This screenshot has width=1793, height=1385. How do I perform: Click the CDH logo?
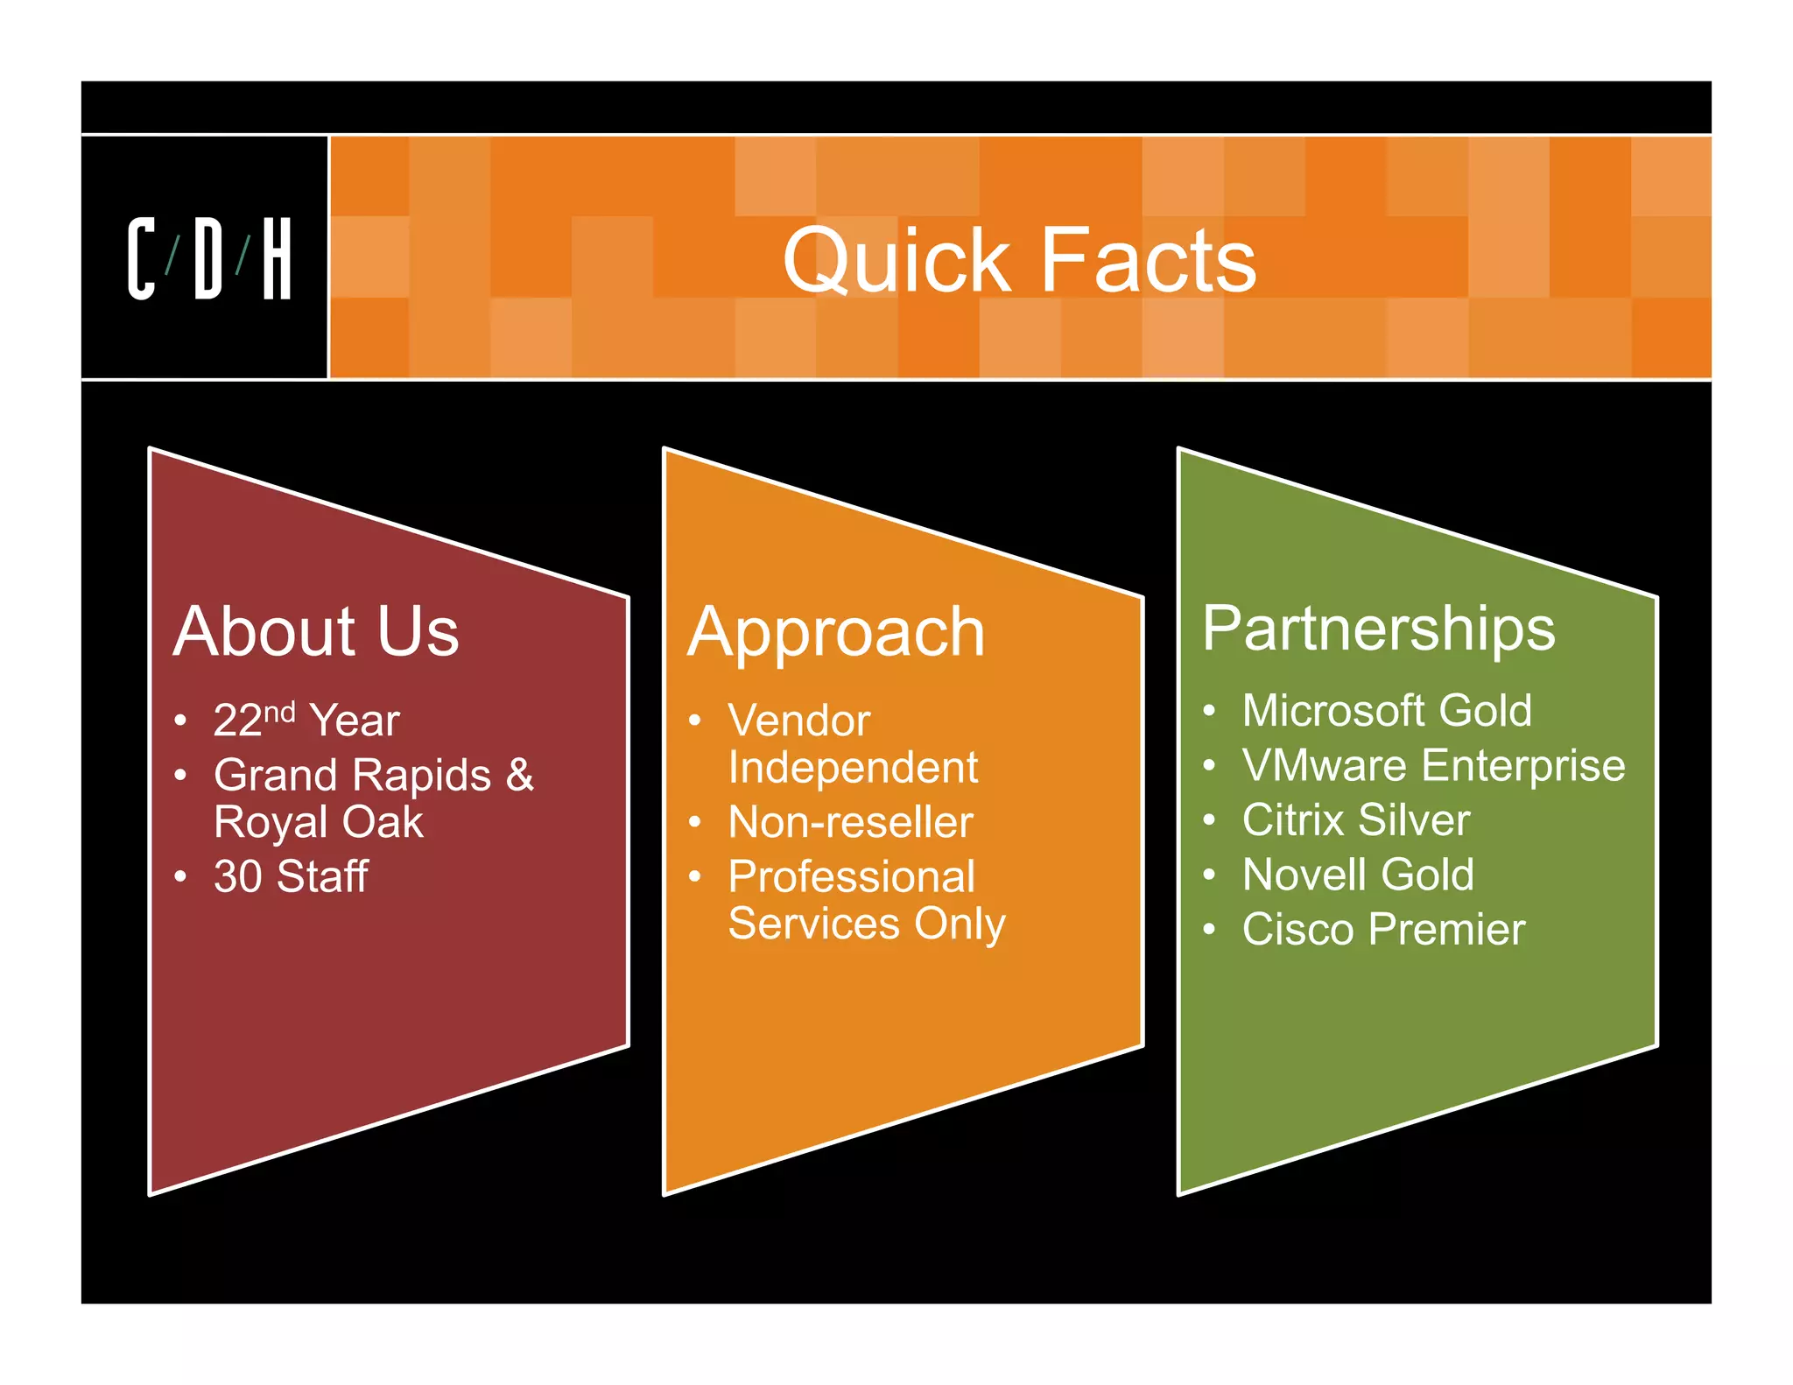click(x=209, y=258)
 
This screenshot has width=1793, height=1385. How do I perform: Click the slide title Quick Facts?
click(x=1019, y=259)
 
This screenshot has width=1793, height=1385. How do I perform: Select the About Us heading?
click(x=316, y=630)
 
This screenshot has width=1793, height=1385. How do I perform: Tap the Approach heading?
click(x=836, y=632)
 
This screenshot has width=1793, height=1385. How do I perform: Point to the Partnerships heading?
click(x=1378, y=628)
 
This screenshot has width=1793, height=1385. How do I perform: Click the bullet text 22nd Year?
click(x=306, y=720)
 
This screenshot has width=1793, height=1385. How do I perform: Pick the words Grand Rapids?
click(x=352, y=775)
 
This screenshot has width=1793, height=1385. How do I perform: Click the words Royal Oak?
click(x=319, y=822)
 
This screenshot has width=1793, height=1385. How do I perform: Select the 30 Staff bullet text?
click(x=291, y=876)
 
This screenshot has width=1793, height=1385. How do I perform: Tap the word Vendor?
click(x=799, y=721)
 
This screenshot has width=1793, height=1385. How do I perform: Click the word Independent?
click(x=853, y=768)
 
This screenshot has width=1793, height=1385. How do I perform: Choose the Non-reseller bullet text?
click(x=850, y=822)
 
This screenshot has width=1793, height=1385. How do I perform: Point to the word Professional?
click(x=852, y=876)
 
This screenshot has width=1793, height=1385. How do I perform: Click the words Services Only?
click(x=867, y=924)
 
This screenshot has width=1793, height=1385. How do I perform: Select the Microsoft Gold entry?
click(x=1387, y=710)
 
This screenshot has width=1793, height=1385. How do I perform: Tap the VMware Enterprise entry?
click(x=1433, y=765)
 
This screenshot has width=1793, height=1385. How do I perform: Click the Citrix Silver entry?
click(x=1356, y=820)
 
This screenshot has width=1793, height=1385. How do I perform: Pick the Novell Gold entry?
click(x=1358, y=875)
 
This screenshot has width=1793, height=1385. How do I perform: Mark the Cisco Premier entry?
click(x=1383, y=929)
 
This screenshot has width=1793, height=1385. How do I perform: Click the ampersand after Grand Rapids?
click(x=519, y=775)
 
